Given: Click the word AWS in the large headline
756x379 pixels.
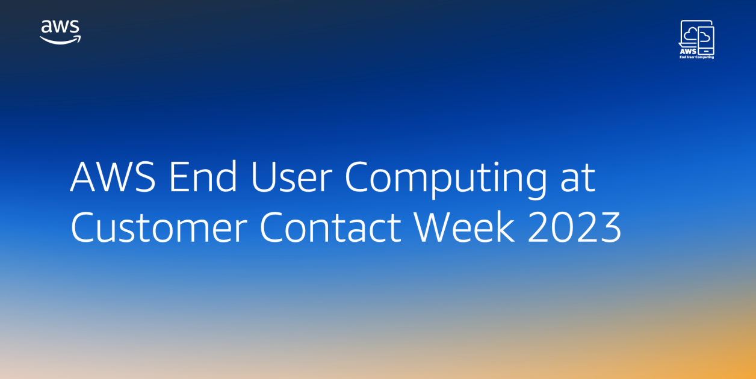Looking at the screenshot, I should coord(113,178).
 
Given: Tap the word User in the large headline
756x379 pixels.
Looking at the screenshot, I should coord(291,178).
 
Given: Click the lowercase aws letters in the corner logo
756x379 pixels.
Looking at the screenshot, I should coord(60,28).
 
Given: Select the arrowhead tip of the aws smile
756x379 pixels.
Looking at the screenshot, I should coord(78,39).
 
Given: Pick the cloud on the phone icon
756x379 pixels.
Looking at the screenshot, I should coord(705,37).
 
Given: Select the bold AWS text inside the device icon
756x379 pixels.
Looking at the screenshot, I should coord(687,51).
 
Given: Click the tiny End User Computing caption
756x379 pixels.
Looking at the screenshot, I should coord(696,57).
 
